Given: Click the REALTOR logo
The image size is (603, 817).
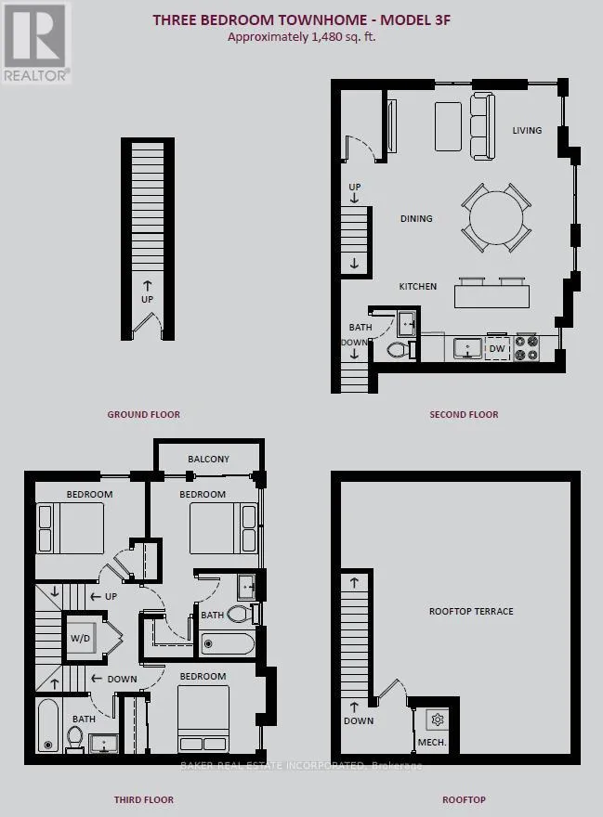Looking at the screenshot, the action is (36, 42).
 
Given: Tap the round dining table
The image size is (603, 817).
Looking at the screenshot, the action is (496, 217).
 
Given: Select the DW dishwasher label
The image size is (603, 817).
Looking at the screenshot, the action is (497, 348).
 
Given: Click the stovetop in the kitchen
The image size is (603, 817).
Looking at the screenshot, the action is (526, 348).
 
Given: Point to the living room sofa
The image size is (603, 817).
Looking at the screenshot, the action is (482, 126).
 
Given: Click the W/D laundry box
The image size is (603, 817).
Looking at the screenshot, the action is (80, 639).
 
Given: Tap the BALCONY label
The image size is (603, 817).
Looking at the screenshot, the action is (209, 459).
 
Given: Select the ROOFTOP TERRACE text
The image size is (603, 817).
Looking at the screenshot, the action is (471, 611).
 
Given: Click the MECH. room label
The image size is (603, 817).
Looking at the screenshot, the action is (432, 742).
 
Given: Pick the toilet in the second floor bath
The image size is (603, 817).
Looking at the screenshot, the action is (400, 350).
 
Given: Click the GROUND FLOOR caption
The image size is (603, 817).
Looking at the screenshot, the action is (143, 414).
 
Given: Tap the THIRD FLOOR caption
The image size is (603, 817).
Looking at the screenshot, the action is (143, 799).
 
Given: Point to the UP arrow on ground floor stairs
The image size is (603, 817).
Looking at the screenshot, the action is (147, 286).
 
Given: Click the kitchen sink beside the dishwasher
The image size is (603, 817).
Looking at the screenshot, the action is (467, 348).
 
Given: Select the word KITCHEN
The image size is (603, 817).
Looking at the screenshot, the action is (418, 286).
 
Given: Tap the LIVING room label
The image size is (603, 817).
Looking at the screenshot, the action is (527, 130).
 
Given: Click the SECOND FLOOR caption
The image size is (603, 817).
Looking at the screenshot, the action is (464, 414).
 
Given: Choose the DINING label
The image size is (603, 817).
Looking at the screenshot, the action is (416, 218).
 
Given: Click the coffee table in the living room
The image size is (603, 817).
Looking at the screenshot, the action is (448, 126).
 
